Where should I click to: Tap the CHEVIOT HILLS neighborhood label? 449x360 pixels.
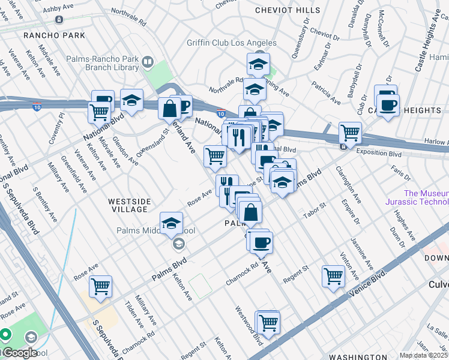click(288, 10)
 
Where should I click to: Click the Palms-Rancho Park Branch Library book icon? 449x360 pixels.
click(147, 61)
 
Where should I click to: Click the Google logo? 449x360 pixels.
click(19, 353)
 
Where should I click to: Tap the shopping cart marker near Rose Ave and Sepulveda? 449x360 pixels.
click(101, 286)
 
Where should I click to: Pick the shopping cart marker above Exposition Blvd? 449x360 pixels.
click(350, 132)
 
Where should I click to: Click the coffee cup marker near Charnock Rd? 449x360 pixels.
click(261, 242)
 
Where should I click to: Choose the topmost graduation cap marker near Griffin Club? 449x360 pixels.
click(258, 64)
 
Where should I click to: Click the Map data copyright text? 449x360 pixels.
click(423, 355)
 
